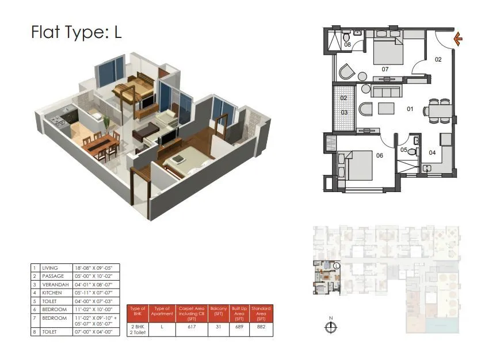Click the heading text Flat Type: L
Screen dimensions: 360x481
pyautogui.click(x=76, y=33)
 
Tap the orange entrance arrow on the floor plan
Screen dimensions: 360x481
pyautogui.click(x=458, y=39)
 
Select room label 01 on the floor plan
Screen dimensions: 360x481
pyautogui.click(x=411, y=108)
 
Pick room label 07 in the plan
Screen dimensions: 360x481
pyautogui.click(x=385, y=70)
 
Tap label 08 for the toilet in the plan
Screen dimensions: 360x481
pyautogui.click(x=348, y=44)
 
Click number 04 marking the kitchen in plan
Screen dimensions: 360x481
pyautogui.click(x=432, y=152)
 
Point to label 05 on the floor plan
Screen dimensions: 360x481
pyautogui.click(x=404, y=151)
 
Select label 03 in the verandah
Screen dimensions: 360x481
pyautogui.click(x=344, y=112)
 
